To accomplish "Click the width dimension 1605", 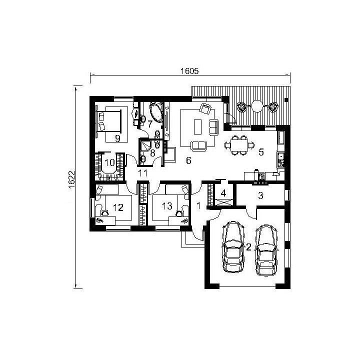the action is [x=189, y=71].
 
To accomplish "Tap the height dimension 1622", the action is [x=71, y=180].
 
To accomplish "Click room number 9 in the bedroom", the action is [x=117, y=138].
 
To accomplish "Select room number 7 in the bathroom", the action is [x=149, y=124].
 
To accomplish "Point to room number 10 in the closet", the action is [x=109, y=162].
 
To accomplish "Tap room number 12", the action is [x=118, y=207].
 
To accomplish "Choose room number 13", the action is [x=167, y=206].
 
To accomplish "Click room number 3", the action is [x=260, y=195].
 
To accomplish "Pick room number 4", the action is [x=223, y=193].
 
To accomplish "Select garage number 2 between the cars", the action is [x=248, y=247].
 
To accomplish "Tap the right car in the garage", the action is [x=266, y=250].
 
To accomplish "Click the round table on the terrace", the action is [x=257, y=106].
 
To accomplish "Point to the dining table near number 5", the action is [x=239, y=145].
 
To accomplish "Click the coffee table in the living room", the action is [x=197, y=126].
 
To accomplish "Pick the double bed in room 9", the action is [x=109, y=121].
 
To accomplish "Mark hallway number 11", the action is [x=142, y=173].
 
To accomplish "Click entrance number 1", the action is [x=199, y=205].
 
